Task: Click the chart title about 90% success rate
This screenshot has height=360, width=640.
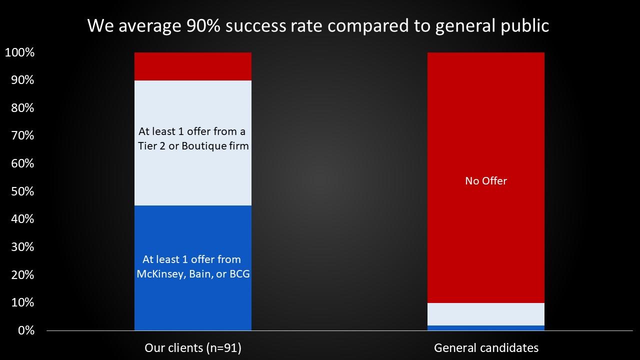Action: point(318,25)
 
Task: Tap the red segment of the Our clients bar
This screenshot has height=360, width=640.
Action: point(193,66)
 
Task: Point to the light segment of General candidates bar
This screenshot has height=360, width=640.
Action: point(486,314)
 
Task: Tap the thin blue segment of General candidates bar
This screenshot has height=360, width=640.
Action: point(486,328)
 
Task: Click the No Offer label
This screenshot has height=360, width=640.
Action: point(486,181)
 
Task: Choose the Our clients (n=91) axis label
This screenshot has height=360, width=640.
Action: point(193,348)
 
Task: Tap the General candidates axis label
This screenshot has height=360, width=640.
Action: point(486,348)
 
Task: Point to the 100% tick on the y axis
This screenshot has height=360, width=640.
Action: point(19,52)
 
